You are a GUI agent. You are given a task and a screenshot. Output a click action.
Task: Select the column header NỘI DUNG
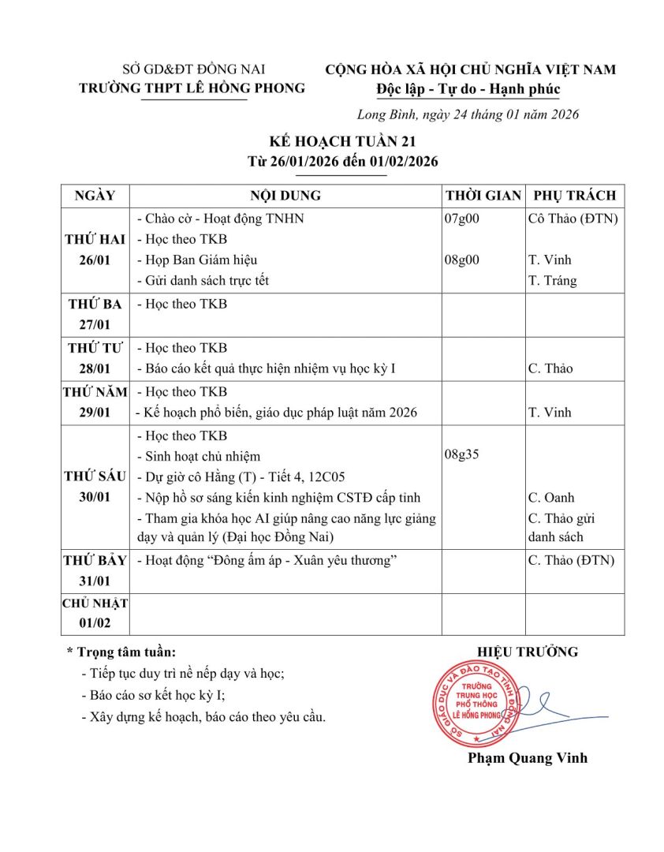click(x=285, y=196)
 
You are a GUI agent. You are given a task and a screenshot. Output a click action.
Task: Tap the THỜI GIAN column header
click(x=483, y=196)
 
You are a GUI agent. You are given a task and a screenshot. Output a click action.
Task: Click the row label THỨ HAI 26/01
click(x=95, y=250)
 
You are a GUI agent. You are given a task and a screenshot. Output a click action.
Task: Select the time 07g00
click(x=463, y=219)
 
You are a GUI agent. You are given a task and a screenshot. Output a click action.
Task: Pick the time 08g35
click(x=463, y=455)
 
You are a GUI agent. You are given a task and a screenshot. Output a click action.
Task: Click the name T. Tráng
click(x=552, y=280)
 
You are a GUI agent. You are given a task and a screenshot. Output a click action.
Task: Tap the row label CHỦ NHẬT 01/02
click(x=95, y=613)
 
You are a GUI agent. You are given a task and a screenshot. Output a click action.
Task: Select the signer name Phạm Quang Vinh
click(x=528, y=758)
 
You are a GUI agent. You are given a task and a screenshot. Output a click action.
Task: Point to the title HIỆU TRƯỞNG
click(x=528, y=652)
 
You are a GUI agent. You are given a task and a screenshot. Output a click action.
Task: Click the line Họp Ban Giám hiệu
click(x=197, y=260)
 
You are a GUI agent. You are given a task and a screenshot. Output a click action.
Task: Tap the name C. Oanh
click(x=551, y=498)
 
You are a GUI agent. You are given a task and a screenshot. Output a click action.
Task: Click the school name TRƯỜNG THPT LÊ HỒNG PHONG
click(x=192, y=88)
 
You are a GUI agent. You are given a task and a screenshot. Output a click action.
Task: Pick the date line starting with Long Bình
click(x=468, y=114)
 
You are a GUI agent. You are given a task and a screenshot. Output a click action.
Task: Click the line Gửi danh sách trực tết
click(x=203, y=280)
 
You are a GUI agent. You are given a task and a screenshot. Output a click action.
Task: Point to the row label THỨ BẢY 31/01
click(x=95, y=570)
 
